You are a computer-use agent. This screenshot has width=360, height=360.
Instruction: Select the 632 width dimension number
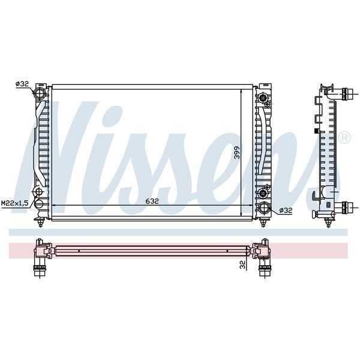coord(152,202)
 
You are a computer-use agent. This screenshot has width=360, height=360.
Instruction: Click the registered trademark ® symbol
coord(344,137)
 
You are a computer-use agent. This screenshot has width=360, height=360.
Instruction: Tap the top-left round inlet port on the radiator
coord(40,94)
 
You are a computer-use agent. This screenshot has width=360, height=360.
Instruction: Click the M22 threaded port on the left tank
coord(39,192)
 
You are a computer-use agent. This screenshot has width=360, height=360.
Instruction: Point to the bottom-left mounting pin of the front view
coord(40,223)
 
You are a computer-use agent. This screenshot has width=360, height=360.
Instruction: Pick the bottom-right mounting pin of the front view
coord(263,223)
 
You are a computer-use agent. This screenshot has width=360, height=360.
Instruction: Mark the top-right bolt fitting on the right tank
coord(263,98)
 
